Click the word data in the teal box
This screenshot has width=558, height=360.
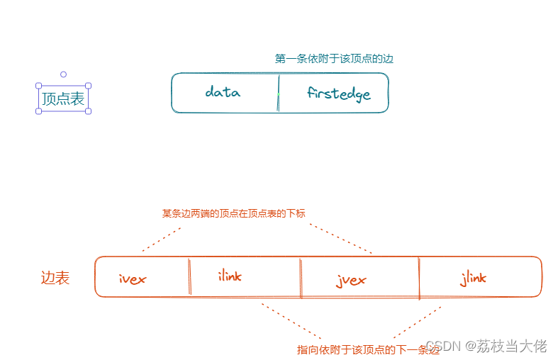click(x=223, y=92)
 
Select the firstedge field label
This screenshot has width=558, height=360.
click(x=339, y=94)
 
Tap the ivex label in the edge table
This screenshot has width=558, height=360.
click(x=133, y=279)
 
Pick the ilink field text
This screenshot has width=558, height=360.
click(x=229, y=276)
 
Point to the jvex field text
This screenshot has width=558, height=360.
click(x=351, y=280)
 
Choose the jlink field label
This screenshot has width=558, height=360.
click(x=473, y=278)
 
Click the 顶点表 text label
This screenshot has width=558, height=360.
click(x=63, y=99)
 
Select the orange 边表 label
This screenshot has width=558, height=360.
click(x=55, y=279)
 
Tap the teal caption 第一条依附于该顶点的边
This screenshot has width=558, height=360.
click(x=334, y=59)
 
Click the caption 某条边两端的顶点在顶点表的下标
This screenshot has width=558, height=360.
click(x=233, y=213)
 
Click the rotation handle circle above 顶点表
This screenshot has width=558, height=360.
click(x=63, y=74)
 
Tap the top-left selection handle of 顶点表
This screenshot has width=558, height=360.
click(x=39, y=85)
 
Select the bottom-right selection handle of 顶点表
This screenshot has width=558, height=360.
click(x=88, y=111)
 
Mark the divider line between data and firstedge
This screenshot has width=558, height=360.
click(x=278, y=93)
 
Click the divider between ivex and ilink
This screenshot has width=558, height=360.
click(x=189, y=276)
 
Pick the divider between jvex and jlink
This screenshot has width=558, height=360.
click(x=419, y=277)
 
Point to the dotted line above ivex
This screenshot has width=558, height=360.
click(x=162, y=240)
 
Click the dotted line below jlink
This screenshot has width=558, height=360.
click(x=418, y=321)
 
